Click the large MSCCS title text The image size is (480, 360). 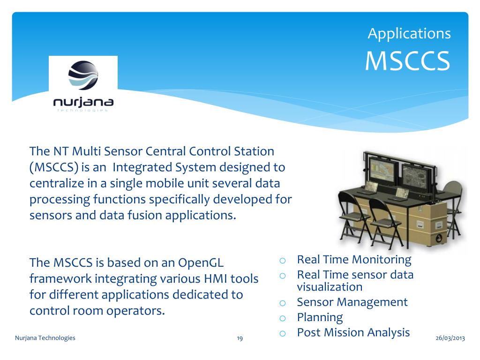[x=407, y=60]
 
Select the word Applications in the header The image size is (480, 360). [x=409, y=34]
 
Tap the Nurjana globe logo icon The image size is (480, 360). [x=83, y=75]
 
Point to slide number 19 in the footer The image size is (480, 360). [x=240, y=338]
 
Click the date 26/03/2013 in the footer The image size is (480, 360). [x=450, y=338]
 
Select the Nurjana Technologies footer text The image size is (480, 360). [x=45, y=337]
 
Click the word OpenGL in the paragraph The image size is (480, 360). [x=201, y=263]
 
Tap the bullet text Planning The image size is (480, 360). [x=320, y=318]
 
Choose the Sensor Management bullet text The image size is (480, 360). [x=352, y=302]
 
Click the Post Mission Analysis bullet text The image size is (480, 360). [x=353, y=333]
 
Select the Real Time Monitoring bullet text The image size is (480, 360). [x=354, y=260]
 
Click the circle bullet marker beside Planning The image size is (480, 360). [x=283, y=318]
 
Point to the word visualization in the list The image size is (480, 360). [x=330, y=287]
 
